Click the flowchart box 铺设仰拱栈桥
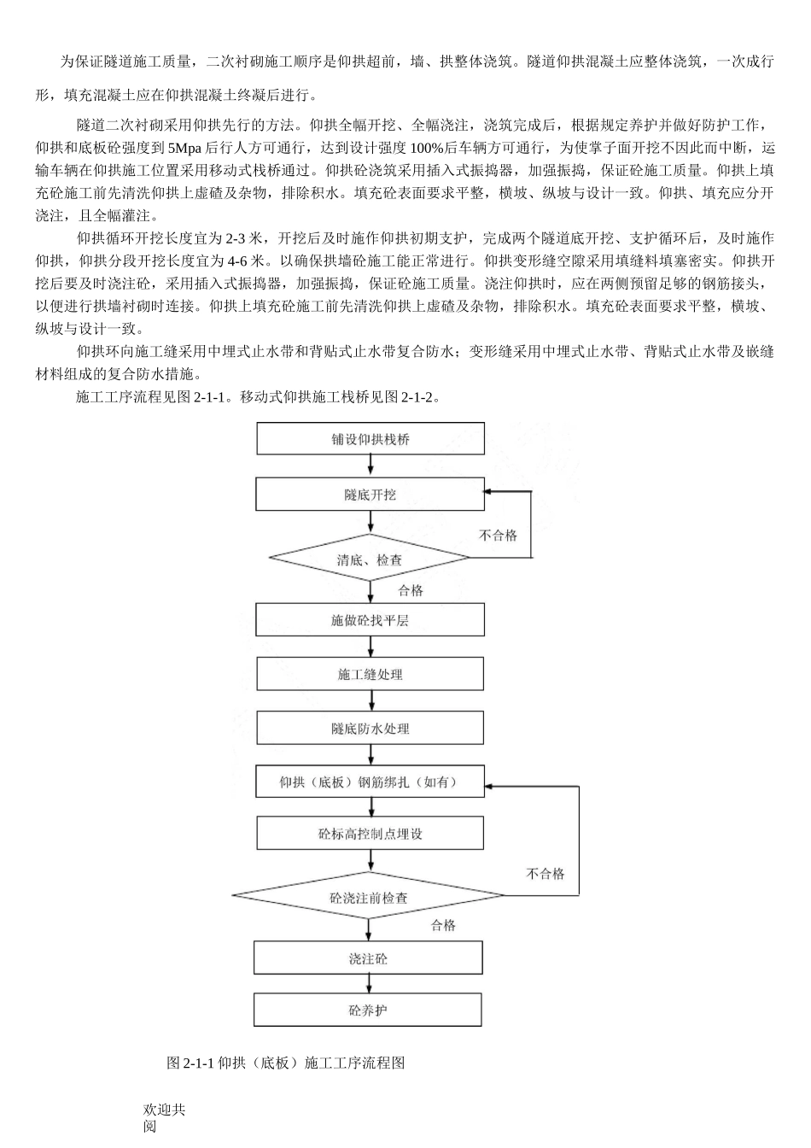pos(370,439)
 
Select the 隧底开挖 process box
pos(370,495)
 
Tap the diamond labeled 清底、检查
pos(370,559)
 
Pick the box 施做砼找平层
pos(370,620)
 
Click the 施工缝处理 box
pos(370,675)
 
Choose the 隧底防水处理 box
pos(370,729)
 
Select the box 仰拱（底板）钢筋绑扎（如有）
pos(370,782)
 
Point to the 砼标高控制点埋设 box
pos(370,834)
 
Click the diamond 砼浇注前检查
pos(369,897)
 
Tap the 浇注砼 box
pos(368,958)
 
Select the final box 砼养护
pos(368,1010)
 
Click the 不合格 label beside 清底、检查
pos(498,536)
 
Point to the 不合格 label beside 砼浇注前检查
pos(546,874)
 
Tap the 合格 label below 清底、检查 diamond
pos(411,590)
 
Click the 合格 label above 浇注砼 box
pos(443,925)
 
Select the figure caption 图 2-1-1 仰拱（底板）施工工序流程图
pos(285,1063)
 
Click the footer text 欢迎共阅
pos(164,1117)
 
